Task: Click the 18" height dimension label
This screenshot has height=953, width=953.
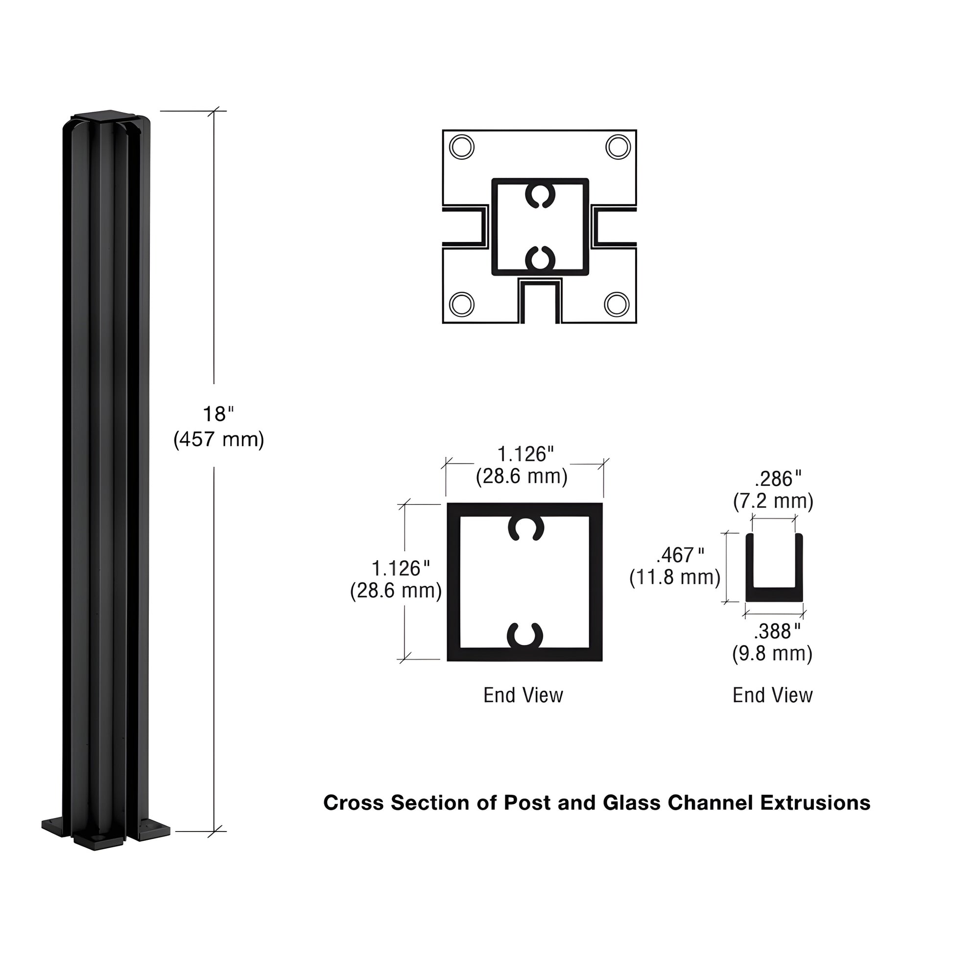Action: [x=218, y=414]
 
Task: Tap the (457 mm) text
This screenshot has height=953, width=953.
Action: [x=218, y=439]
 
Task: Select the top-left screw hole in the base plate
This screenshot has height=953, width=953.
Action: [x=462, y=147]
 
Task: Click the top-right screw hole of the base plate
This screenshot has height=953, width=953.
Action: [x=618, y=147]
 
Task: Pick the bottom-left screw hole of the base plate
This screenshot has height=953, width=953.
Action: [x=462, y=304]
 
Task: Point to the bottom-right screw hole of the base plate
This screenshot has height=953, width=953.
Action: [x=617, y=304]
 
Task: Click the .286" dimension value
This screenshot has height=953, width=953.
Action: [x=778, y=478]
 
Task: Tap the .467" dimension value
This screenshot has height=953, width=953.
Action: [x=680, y=555]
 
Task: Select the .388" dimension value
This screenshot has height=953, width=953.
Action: [x=777, y=631]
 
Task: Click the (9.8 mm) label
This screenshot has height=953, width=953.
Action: [x=772, y=654]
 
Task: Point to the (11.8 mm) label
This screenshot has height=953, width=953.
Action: [x=675, y=577]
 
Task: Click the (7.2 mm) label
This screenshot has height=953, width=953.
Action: [x=773, y=501]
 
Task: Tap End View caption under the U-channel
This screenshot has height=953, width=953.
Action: [x=772, y=695]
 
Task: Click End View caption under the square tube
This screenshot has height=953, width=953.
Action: [x=523, y=695]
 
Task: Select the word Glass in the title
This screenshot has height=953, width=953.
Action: [x=631, y=803]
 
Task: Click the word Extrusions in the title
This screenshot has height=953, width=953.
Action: [x=815, y=803]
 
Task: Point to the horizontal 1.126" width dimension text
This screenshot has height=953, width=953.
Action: [x=525, y=454]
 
